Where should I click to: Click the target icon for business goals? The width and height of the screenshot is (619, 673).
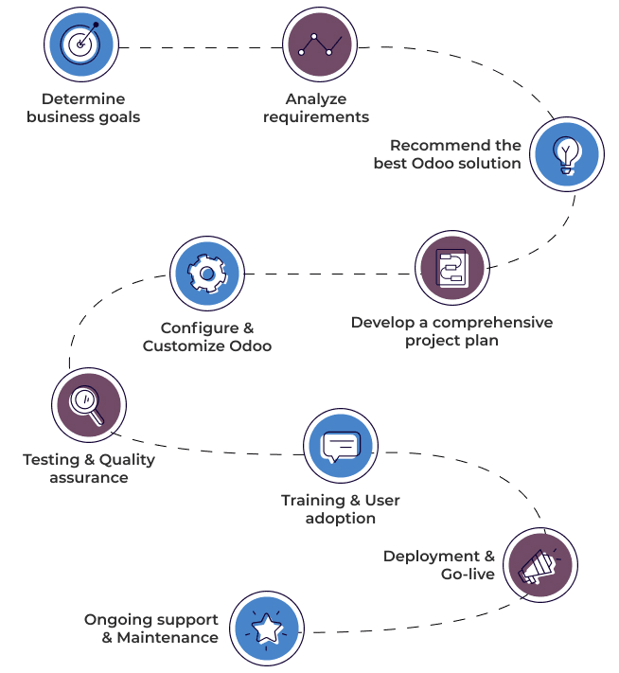82,43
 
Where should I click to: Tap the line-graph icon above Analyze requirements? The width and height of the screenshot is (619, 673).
316,43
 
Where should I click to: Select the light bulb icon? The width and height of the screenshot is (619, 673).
565,154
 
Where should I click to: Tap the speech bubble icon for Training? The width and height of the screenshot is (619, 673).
341,446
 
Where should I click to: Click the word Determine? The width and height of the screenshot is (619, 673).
83,98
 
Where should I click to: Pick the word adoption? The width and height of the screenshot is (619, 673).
341,518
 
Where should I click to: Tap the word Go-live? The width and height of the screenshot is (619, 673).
468,574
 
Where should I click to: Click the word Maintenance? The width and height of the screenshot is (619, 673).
168,638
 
